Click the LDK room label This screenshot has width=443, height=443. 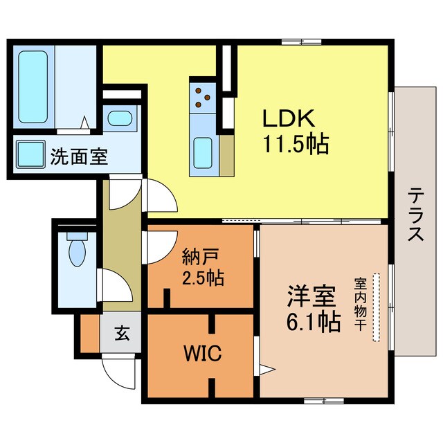pyautogui.click(x=289, y=118)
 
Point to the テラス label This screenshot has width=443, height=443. pyautogui.click(x=415, y=214)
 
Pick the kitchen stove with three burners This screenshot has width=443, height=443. pyautogui.click(x=202, y=97)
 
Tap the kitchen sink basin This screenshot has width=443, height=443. pyautogui.click(x=203, y=148)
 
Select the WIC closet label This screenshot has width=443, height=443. pyautogui.click(x=202, y=355)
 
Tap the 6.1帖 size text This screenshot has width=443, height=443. pyautogui.click(x=316, y=322)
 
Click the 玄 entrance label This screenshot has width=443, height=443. pyautogui.click(x=122, y=334)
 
